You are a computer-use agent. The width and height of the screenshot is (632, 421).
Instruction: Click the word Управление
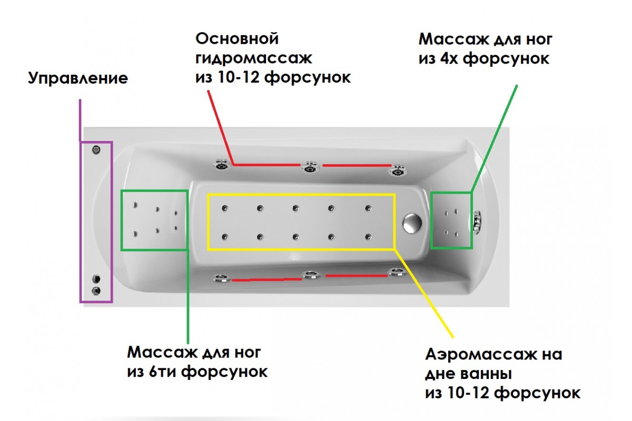(78, 79)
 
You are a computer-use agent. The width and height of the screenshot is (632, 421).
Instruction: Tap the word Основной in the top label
(237, 38)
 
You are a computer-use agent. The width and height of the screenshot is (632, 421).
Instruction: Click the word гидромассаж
(254, 58)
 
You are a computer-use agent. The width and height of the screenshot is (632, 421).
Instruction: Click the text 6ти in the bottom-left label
(160, 372)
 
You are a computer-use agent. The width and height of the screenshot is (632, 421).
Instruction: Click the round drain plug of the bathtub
(411, 223)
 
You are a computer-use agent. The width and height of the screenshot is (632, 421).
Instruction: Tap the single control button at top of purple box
(96, 150)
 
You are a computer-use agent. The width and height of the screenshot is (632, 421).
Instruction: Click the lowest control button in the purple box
(96, 290)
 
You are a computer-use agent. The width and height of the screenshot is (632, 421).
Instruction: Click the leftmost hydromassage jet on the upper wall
(221, 165)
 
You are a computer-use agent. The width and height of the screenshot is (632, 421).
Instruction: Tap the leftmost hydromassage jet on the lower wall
(220, 278)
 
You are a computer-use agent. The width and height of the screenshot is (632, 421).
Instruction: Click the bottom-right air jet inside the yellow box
(368, 236)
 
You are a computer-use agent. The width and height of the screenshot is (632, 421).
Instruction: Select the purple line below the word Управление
(80, 120)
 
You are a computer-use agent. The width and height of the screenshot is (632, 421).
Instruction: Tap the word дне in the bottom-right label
(438, 374)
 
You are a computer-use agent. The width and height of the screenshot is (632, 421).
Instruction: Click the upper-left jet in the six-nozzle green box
(135, 206)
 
